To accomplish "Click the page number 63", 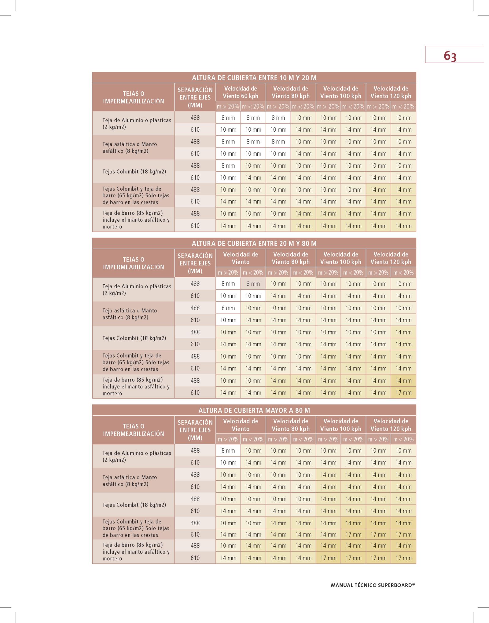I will (x=450, y=56).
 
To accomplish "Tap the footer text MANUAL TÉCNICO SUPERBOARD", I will (x=373, y=585).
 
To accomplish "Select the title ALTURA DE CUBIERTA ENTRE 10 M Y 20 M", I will (x=254, y=78).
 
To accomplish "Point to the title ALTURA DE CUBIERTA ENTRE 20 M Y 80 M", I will (x=254, y=243).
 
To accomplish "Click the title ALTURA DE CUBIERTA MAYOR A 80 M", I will (x=254, y=410).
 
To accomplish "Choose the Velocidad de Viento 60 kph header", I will (x=241, y=92).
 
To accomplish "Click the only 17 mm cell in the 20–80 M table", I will (x=403, y=392).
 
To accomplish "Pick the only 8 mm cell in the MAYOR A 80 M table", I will (x=228, y=450).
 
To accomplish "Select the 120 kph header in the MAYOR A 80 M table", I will (x=391, y=425).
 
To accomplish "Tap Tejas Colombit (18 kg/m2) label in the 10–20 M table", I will (x=134, y=172).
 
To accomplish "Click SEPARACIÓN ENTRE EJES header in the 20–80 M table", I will (x=195, y=263).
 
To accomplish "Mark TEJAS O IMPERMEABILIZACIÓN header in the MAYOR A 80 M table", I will (x=134, y=430).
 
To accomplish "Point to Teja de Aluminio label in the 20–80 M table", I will (x=137, y=290).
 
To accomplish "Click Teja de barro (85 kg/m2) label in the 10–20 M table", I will (x=136, y=220).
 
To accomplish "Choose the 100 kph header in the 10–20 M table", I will (x=340, y=92).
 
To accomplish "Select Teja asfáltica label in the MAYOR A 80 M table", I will (x=130, y=480).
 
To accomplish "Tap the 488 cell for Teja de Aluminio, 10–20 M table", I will (x=195, y=118).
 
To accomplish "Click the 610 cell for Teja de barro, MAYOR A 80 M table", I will (x=195, y=558).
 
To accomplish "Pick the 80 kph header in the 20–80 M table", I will (x=290, y=258).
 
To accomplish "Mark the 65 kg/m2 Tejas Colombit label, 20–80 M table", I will (x=136, y=362).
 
